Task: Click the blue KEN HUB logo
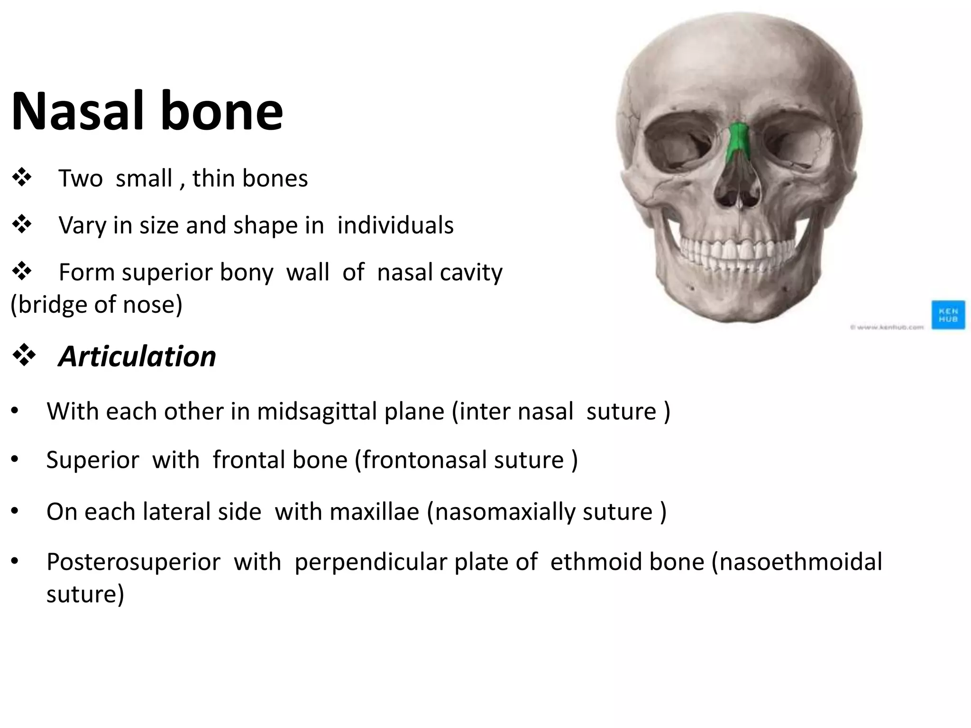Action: click(948, 314)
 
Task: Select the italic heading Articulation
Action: click(137, 356)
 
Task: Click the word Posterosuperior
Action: click(133, 562)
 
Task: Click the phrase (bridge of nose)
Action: click(97, 304)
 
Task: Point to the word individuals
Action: click(395, 225)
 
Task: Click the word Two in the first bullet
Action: click(80, 179)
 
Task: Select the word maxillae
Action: click(375, 512)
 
